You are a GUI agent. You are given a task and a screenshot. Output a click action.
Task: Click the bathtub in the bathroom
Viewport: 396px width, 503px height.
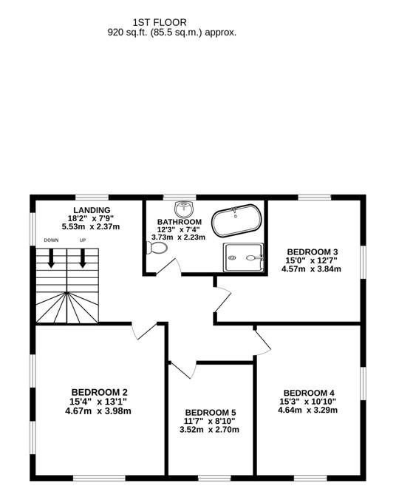click(x=236, y=221)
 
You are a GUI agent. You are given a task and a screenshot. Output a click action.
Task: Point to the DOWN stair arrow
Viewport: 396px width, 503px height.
click(x=52, y=257)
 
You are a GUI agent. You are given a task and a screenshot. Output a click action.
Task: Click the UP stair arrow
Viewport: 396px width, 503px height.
click(x=83, y=257)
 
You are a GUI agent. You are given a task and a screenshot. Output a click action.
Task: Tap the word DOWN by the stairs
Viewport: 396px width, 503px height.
click(x=51, y=240)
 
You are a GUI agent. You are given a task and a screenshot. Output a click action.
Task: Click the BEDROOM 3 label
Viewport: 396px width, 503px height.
click(x=313, y=251)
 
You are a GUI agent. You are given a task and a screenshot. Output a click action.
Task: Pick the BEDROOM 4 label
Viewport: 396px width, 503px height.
click(x=309, y=393)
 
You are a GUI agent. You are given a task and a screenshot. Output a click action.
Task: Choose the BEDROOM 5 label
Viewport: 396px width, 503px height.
click(x=211, y=412)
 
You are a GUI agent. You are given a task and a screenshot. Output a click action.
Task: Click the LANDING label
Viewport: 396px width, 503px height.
click(x=92, y=210)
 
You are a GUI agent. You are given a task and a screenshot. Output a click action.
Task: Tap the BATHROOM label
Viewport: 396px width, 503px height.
click(x=180, y=222)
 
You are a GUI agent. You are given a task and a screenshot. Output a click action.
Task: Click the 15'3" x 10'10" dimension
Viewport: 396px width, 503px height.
click(x=309, y=402)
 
